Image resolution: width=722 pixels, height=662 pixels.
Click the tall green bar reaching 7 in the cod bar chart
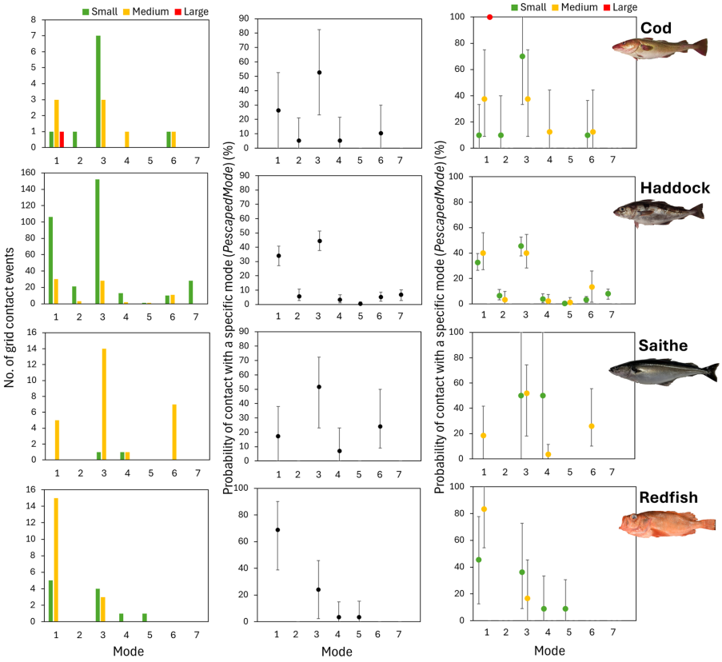pyautogui.click(x=98, y=91)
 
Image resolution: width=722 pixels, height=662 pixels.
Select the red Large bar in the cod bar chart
pyautogui.click(x=62, y=139)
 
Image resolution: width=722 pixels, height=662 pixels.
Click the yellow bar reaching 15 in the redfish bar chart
pyautogui.click(x=56, y=559)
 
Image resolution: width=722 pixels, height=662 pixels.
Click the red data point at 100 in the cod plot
pyautogui.click(x=490, y=17)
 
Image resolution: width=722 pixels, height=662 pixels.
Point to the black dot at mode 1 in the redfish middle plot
pyautogui.click(x=278, y=529)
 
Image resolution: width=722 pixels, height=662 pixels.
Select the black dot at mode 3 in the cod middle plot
pyautogui.click(x=319, y=72)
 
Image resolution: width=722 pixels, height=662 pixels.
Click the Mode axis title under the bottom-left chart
pyautogui.click(x=124, y=652)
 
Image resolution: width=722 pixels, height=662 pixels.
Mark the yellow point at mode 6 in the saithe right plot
pyautogui.click(x=592, y=425)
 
